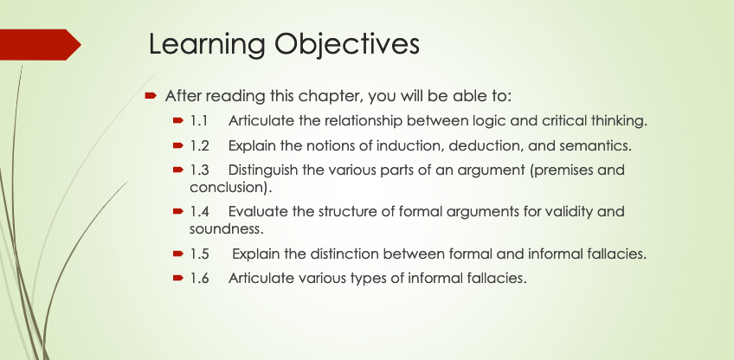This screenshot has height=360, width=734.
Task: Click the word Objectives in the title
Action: (x=347, y=44)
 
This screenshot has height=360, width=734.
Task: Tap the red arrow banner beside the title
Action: (x=41, y=44)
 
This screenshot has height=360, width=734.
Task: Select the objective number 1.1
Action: (x=198, y=121)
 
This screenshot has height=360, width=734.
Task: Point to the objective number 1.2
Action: (x=199, y=146)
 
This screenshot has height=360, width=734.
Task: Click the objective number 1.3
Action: (x=199, y=170)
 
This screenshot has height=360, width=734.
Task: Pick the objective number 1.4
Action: (x=199, y=212)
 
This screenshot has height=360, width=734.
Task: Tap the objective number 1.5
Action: (x=199, y=254)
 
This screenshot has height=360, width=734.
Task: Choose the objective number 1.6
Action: (x=199, y=279)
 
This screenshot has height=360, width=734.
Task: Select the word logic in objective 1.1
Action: (x=486, y=122)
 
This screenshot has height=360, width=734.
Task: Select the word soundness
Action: (x=224, y=229)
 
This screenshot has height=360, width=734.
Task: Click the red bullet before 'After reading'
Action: (x=150, y=96)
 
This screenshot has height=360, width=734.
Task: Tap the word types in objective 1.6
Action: (x=366, y=279)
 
